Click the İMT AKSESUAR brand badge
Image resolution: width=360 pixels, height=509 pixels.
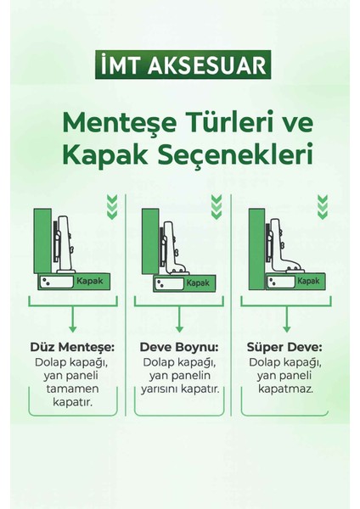(x=179, y=65)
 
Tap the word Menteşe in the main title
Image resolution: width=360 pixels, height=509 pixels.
(x=127, y=123)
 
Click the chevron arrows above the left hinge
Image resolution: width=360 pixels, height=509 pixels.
(x=111, y=205)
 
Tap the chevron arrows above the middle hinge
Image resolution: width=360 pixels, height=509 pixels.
(x=217, y=205)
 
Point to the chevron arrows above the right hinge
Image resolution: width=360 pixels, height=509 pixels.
(x=322, y=205)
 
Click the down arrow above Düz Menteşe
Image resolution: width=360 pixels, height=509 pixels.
(x=73, y=320)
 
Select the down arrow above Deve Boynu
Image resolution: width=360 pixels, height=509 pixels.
(x=179, y=320)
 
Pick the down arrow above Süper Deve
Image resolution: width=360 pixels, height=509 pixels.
(x=284, y=320)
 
